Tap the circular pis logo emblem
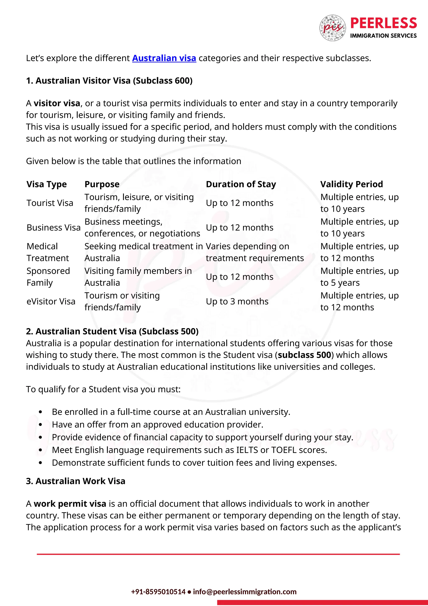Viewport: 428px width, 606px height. click(332, 28)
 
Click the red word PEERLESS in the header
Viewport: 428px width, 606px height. click(383, 23)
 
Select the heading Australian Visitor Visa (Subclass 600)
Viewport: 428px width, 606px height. click(109, 81)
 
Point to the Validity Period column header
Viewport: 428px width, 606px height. click(351, 184)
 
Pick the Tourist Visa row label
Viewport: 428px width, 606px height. click(50, 203)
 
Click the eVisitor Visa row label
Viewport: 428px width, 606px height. click(51, 301)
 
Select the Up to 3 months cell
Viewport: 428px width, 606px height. click(237, 301)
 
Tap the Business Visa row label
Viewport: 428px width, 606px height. click(53, 227)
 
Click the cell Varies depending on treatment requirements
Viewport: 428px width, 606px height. click(254, 252)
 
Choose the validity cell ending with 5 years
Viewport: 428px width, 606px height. click(359, 277)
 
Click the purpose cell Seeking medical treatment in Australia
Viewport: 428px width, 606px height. click(143, 252)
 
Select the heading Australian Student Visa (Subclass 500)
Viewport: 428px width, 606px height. click(112, 331)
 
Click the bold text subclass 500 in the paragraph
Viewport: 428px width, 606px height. click(304, 355)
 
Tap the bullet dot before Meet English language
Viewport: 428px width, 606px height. click(40, 450)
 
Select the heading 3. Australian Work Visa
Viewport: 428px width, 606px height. click(76, 481)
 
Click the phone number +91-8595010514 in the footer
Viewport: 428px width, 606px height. click(158, 592)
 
